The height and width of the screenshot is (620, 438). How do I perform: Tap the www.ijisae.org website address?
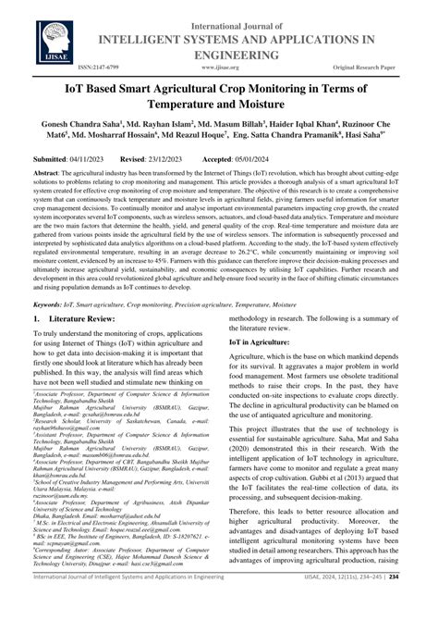coord(219,68)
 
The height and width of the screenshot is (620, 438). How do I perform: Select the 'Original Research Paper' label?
coord(376,68)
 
